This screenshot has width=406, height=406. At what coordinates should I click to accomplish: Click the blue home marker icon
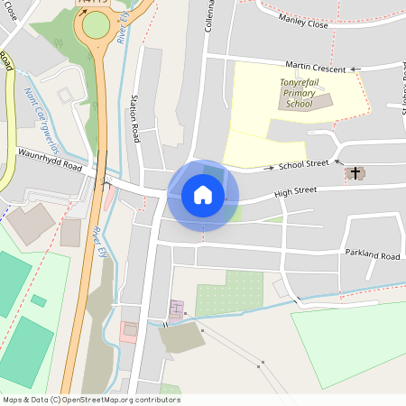(202, 195)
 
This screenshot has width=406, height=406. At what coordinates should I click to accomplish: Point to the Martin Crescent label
(316, 67)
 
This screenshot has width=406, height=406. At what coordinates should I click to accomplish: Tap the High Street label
(296, 191)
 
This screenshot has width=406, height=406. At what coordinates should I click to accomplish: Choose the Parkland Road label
(372, 254)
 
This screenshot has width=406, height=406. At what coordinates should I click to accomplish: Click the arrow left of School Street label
(268, 168)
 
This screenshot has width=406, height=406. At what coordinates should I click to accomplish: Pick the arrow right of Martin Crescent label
(354, 69)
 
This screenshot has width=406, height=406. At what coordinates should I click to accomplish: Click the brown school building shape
(321, 101)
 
